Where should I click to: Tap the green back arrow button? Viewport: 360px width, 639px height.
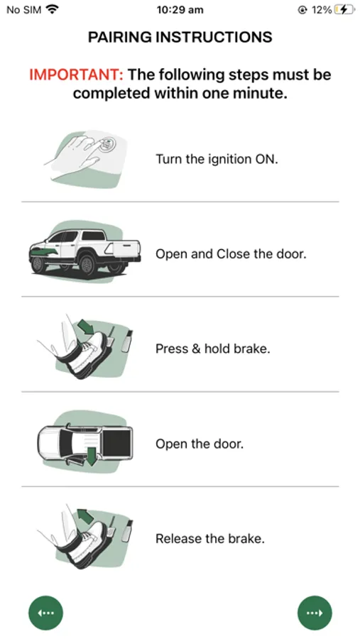[x=45, y=613]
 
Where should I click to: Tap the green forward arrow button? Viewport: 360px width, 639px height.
[x=315, y=613]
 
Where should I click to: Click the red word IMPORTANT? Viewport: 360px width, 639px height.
[x=76, y=75]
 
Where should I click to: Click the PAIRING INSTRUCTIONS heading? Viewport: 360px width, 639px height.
[x=180, y=37]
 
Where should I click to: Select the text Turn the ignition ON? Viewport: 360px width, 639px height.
[x=217, y=158]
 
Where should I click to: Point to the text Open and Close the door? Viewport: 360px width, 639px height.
[x=231, y=254]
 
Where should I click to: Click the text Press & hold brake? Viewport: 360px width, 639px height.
[x=213, y=349]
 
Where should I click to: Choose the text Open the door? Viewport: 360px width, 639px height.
[x=200, y=443]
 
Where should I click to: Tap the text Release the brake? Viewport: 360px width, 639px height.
[x=210, y=538]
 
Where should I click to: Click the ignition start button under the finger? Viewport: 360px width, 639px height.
[x=107, y=144]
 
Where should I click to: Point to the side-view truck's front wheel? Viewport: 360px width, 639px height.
[x=39, y=263]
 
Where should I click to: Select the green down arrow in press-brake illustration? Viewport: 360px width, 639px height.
[x=85, y=326]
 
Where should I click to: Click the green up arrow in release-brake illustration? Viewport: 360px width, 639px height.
[x=85, y=516]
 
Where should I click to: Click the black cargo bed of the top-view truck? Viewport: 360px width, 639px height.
[x=117, y=443]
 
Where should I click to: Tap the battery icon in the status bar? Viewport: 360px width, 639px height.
[x=343, y=10]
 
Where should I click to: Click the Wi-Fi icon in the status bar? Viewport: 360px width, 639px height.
[x=52, y=9]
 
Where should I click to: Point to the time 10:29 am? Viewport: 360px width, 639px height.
[x=180, y=10]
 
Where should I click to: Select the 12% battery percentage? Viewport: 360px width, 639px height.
[x=321, y=10]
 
